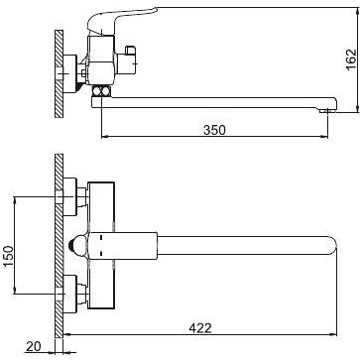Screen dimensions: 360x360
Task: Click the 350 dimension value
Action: tap(214, 130)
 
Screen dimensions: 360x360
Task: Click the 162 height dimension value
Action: tap(351, 60)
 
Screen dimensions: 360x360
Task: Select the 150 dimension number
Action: tap(9, 257)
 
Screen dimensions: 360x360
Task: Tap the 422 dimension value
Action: tap(200, 328)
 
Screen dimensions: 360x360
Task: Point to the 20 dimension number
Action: tap(33, 346)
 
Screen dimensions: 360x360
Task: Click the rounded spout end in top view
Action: tap(332, 246)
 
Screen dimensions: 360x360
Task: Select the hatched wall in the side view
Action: tap(59, 73)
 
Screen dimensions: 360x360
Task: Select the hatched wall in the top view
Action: tap(59, 246)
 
